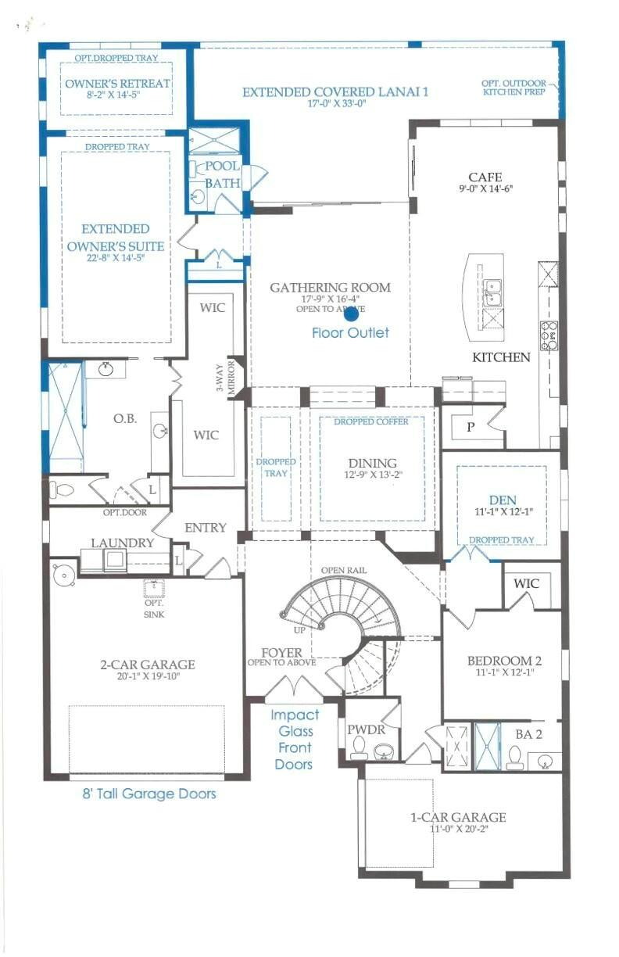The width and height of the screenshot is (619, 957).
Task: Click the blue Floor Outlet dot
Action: point(351,314)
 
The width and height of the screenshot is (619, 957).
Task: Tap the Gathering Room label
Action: point(330,288)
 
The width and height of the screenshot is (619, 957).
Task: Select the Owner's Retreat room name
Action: point(118,84)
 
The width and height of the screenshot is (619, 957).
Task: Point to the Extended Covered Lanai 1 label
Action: point(335,92)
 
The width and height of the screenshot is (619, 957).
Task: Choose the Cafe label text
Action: point(485,177)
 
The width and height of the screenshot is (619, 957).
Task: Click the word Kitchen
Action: point(501,357)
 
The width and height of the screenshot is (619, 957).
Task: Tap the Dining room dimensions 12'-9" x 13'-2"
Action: point(372,475)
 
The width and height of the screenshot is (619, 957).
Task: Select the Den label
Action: point(502,500)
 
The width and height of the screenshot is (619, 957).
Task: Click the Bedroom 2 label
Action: point(504,661)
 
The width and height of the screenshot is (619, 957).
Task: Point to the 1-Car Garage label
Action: point(458,818)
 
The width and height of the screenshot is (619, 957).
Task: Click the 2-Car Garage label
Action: point(148,665)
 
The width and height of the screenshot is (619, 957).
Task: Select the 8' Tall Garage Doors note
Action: point(149,794)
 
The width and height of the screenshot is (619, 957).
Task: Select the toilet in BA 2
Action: point(514,755)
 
